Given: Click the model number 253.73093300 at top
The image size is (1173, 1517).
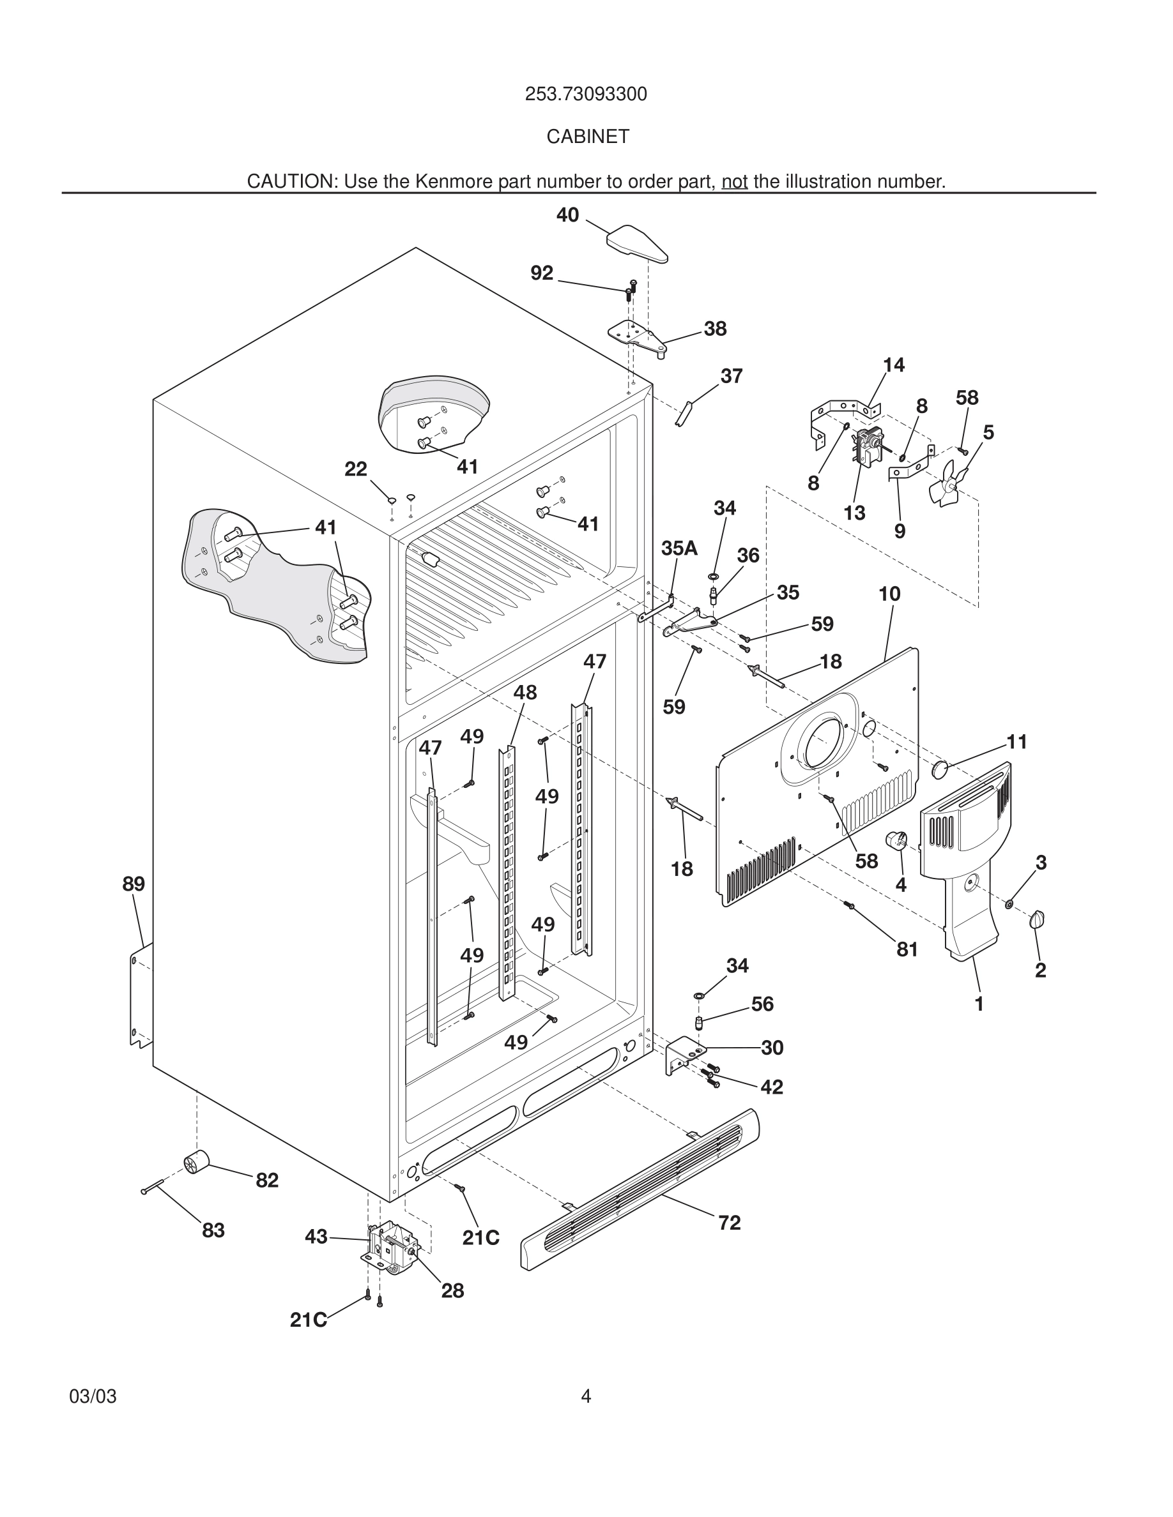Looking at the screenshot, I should click(x=586, y=94).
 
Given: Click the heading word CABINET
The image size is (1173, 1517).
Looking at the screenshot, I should click(x=587, y=137).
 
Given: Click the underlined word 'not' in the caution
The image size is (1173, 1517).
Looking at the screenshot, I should click(x=734, y=181).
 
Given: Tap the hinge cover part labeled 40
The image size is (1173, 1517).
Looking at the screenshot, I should click(x=636, y=243).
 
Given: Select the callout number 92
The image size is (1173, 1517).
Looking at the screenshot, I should click(x=541, y=273).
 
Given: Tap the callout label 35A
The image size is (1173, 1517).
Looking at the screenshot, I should click(x=679, y=548).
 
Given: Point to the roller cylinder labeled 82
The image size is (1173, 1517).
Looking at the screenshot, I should click(x=196, y=1161).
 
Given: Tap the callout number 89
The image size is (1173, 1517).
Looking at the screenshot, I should click(x=134, y=884).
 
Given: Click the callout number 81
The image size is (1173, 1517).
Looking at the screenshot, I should click(x=907, y=949).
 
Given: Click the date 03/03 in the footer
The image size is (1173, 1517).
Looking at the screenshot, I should click(x=93, y=1396).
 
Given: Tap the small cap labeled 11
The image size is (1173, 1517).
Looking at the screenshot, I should click(x=940, y=768).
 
